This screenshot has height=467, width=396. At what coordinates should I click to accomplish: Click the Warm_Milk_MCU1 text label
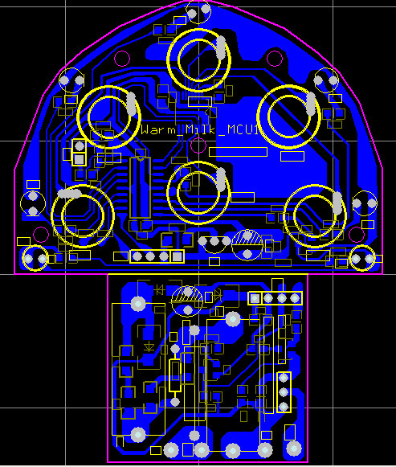(x=202, y=129)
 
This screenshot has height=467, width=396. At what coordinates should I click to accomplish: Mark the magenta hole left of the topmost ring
(x=122, y=58)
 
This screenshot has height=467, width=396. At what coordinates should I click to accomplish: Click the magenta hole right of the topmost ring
(x=275, y=58)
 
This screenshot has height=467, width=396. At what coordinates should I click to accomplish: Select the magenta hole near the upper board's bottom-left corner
(x=40, y=235)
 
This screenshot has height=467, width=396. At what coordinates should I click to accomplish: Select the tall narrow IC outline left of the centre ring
(x=140, y=187)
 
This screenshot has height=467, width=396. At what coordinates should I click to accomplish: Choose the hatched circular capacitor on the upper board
(x=247, y=244)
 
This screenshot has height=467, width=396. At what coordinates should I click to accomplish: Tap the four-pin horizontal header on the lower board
(x=276, y=299)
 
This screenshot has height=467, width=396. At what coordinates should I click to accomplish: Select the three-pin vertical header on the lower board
(x=283, y=392)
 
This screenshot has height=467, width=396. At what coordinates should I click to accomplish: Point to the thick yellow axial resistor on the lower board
(x=175, y=375)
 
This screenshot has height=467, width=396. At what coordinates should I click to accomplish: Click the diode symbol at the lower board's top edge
(x=159, y=288)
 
